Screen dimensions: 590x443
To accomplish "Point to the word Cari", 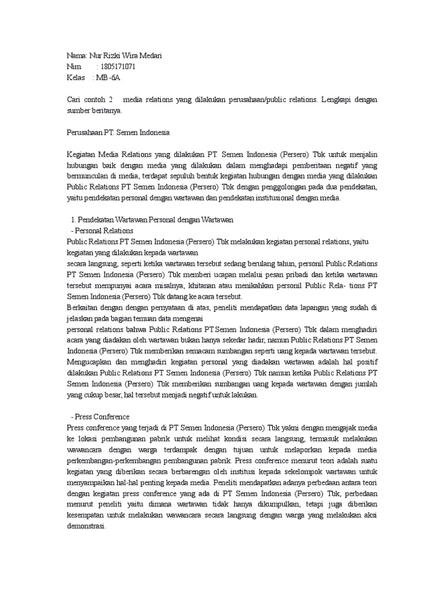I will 76,100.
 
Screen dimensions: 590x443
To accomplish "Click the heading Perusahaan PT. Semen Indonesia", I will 118,133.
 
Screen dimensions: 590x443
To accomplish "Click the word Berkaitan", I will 84,308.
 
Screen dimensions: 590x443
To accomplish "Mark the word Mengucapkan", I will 91,362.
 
